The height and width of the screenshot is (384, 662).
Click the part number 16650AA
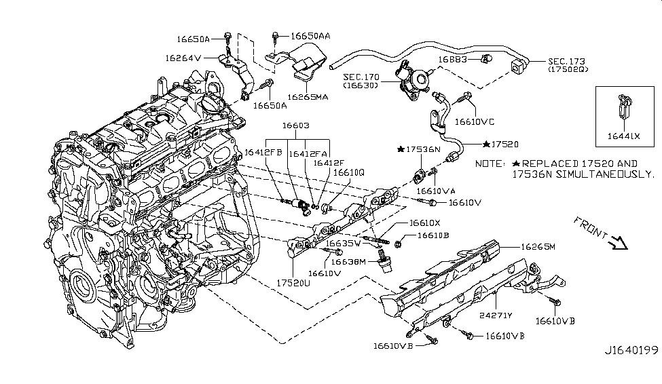(x=310, y=35)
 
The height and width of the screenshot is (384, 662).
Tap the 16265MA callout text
(x=308, y=97)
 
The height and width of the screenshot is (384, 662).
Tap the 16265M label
(x=538, y=247)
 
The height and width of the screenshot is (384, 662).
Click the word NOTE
(x=490, y=164)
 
